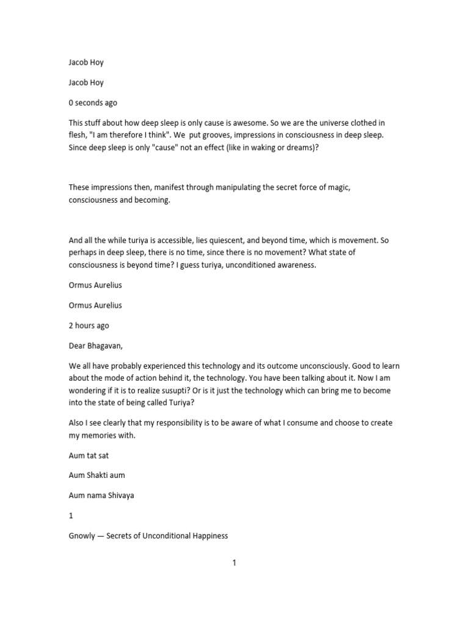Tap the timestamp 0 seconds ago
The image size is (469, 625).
(x=93, y=103)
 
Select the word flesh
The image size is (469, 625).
(x=79, y=135)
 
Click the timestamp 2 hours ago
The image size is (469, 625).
(x=89, y=325)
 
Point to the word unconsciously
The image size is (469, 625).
(x=359, y=366)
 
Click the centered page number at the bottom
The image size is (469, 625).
(x=234, y=563)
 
